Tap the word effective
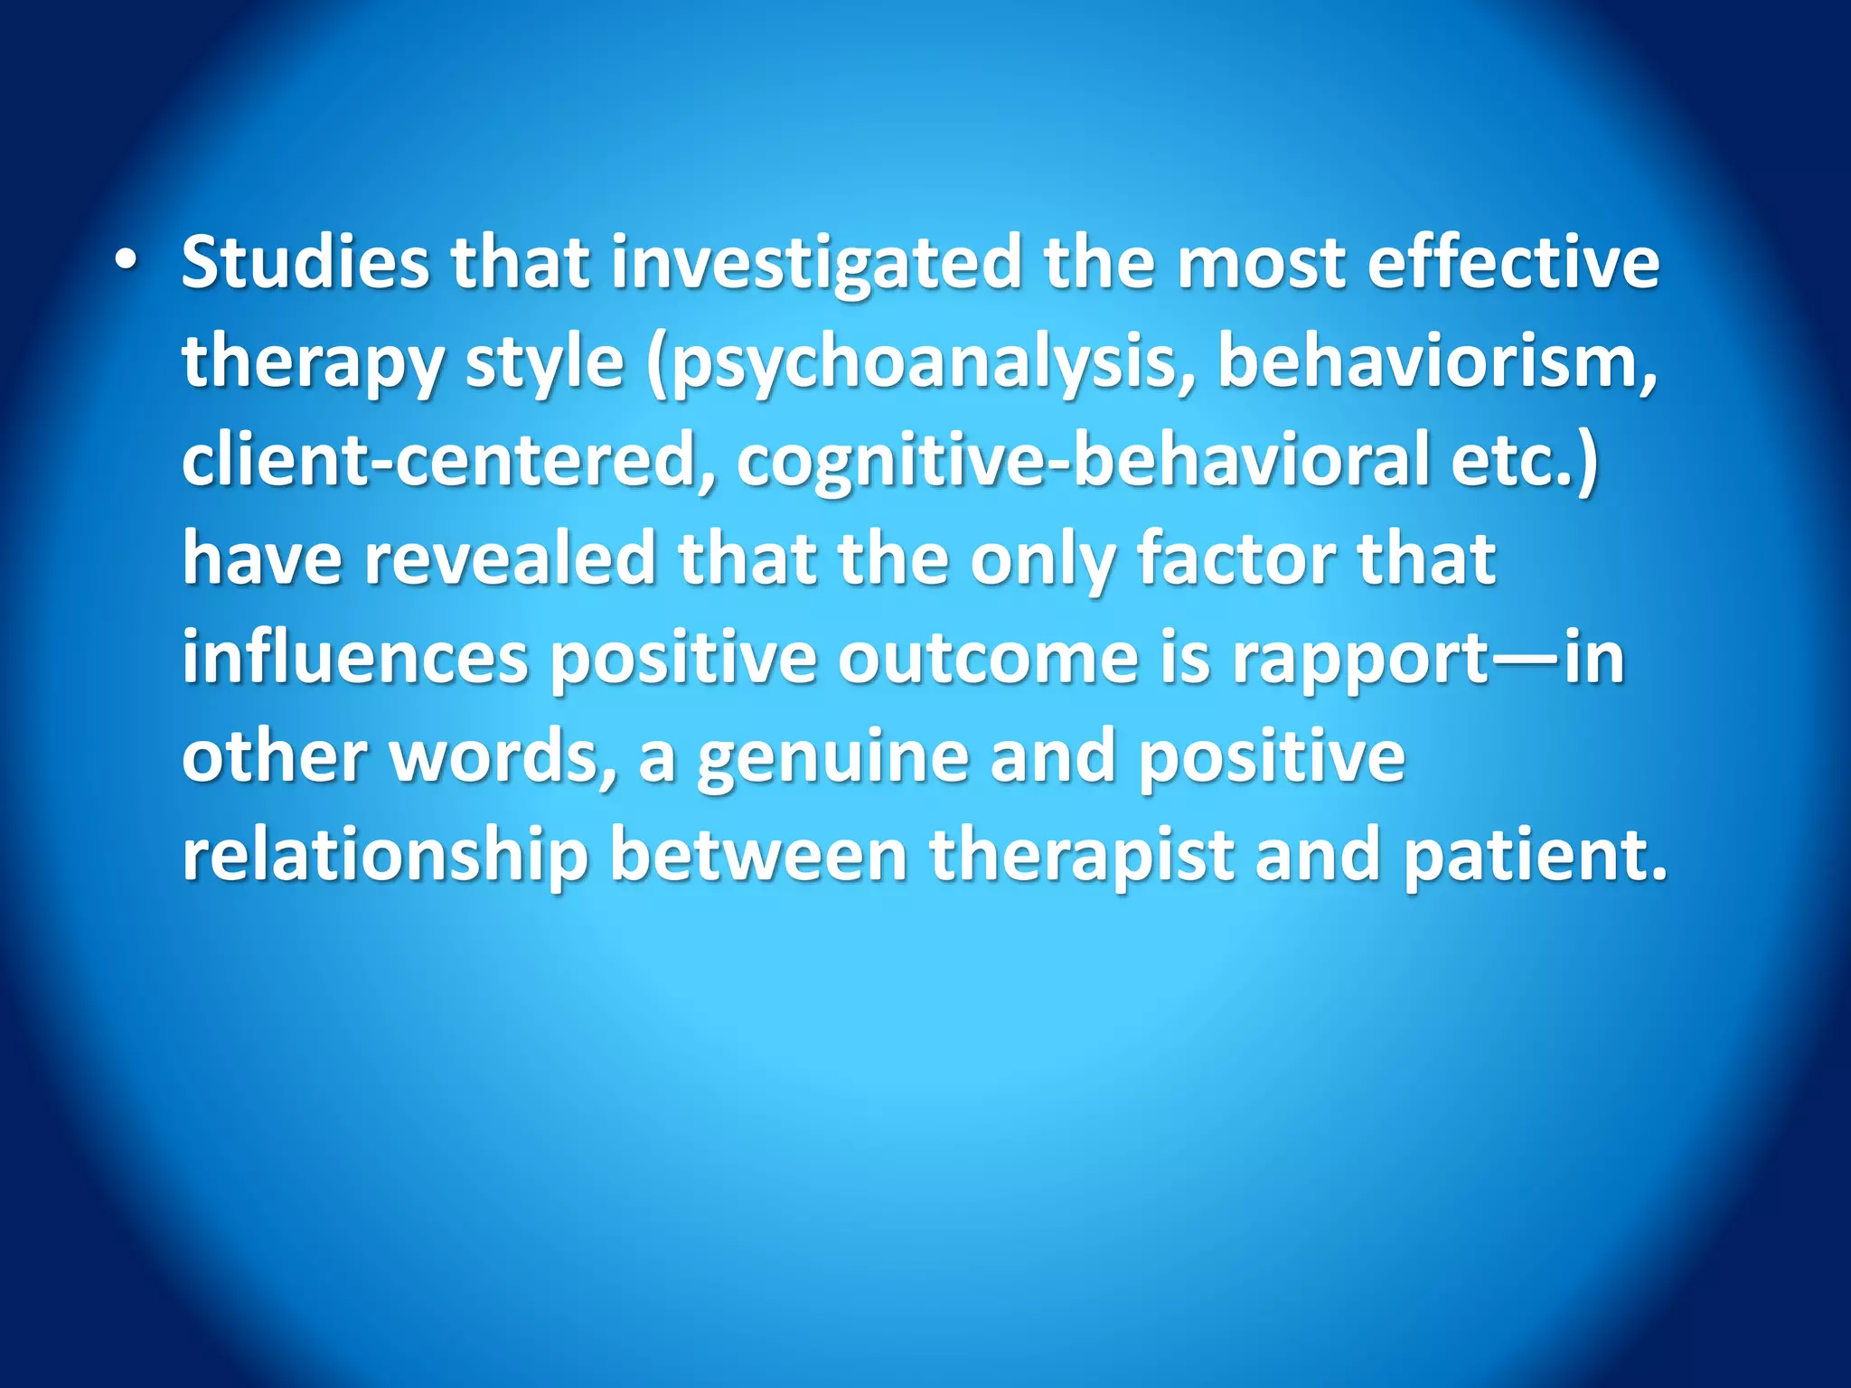click(x=1513, y=262)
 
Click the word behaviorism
click(x=1437, y=361)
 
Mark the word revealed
click(x=510, y=558)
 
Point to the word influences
click(x=354, y=658)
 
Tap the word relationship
click(x=385, y=856)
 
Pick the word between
click(x=759, y=854)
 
